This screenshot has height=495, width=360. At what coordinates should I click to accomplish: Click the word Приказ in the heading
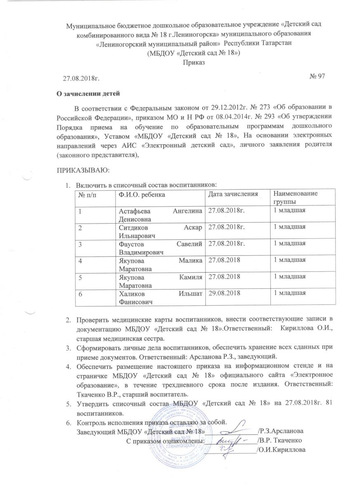click(x=194, y=62)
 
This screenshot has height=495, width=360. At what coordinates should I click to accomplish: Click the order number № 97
click(x=317, y=76)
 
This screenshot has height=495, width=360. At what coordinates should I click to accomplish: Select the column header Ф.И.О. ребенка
click(x=140, y=194)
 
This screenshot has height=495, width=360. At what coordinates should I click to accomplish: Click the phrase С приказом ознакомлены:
click(x=165, y=441)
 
